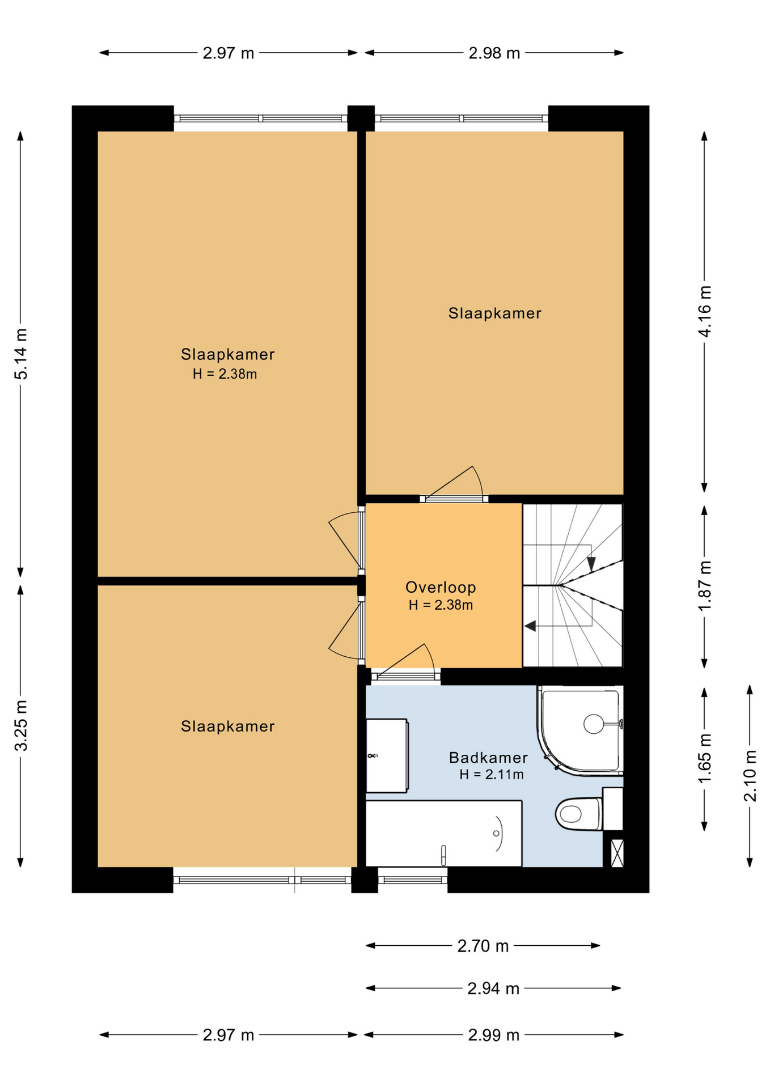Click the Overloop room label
pos(441,587)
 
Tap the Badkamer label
pos(488,758)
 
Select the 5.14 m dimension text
pos(21,354)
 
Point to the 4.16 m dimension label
pos(704,312)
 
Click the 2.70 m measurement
pos(483,946)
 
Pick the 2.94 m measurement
pos(493,988)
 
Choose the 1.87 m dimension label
pos(704,586)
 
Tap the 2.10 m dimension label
pos(750,776)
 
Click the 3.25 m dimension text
pos(21,726)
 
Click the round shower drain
pos(594,724)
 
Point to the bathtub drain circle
pos(496,833)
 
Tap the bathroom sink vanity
pos(387,755)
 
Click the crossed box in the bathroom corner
pos(617,853)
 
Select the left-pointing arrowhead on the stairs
pos(530,626)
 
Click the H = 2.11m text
pos(492,775)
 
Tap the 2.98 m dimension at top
pos(494,53)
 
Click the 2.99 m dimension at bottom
pos(494,1035)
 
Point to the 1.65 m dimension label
pos(704,759)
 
